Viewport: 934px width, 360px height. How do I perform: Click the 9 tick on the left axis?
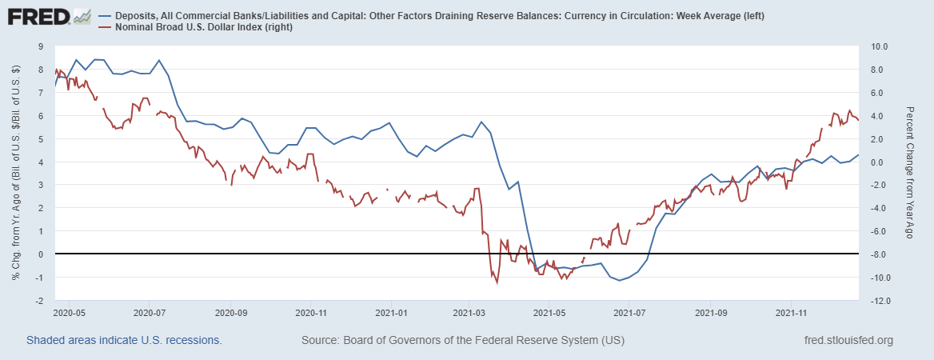[x=41, y=46]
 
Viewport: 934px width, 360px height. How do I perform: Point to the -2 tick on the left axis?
[x=39, y=301]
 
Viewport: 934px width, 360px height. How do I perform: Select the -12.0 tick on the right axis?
[x=876, y=301]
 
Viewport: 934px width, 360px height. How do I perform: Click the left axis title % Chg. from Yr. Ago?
[x=15, y=174]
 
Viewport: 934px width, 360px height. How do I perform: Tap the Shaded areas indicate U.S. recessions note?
[x=124, y=341]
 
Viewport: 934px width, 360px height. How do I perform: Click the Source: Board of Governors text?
[x=462, y=341]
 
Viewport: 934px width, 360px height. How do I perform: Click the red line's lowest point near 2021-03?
[x=497, y=282]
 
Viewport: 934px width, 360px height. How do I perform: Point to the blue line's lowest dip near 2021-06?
[x=618, y=280]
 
